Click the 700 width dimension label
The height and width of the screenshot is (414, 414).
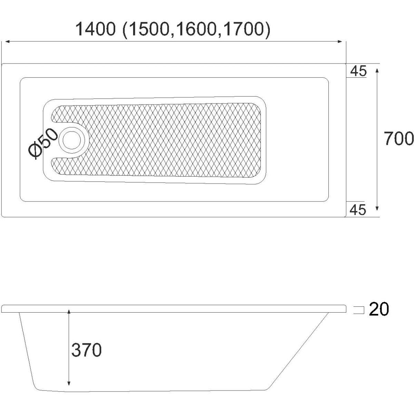pyautogui.click(x=398, y=139)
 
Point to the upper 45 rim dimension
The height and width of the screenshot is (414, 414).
pyautogui.click(x=358, y=71)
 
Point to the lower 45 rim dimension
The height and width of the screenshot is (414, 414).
pyautogui.click(x=358, y=210)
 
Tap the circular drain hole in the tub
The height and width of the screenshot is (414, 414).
pyautogui.click(x=72, y=140)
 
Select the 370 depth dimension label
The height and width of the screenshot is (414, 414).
pyautogui.click(x=86, y=350)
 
